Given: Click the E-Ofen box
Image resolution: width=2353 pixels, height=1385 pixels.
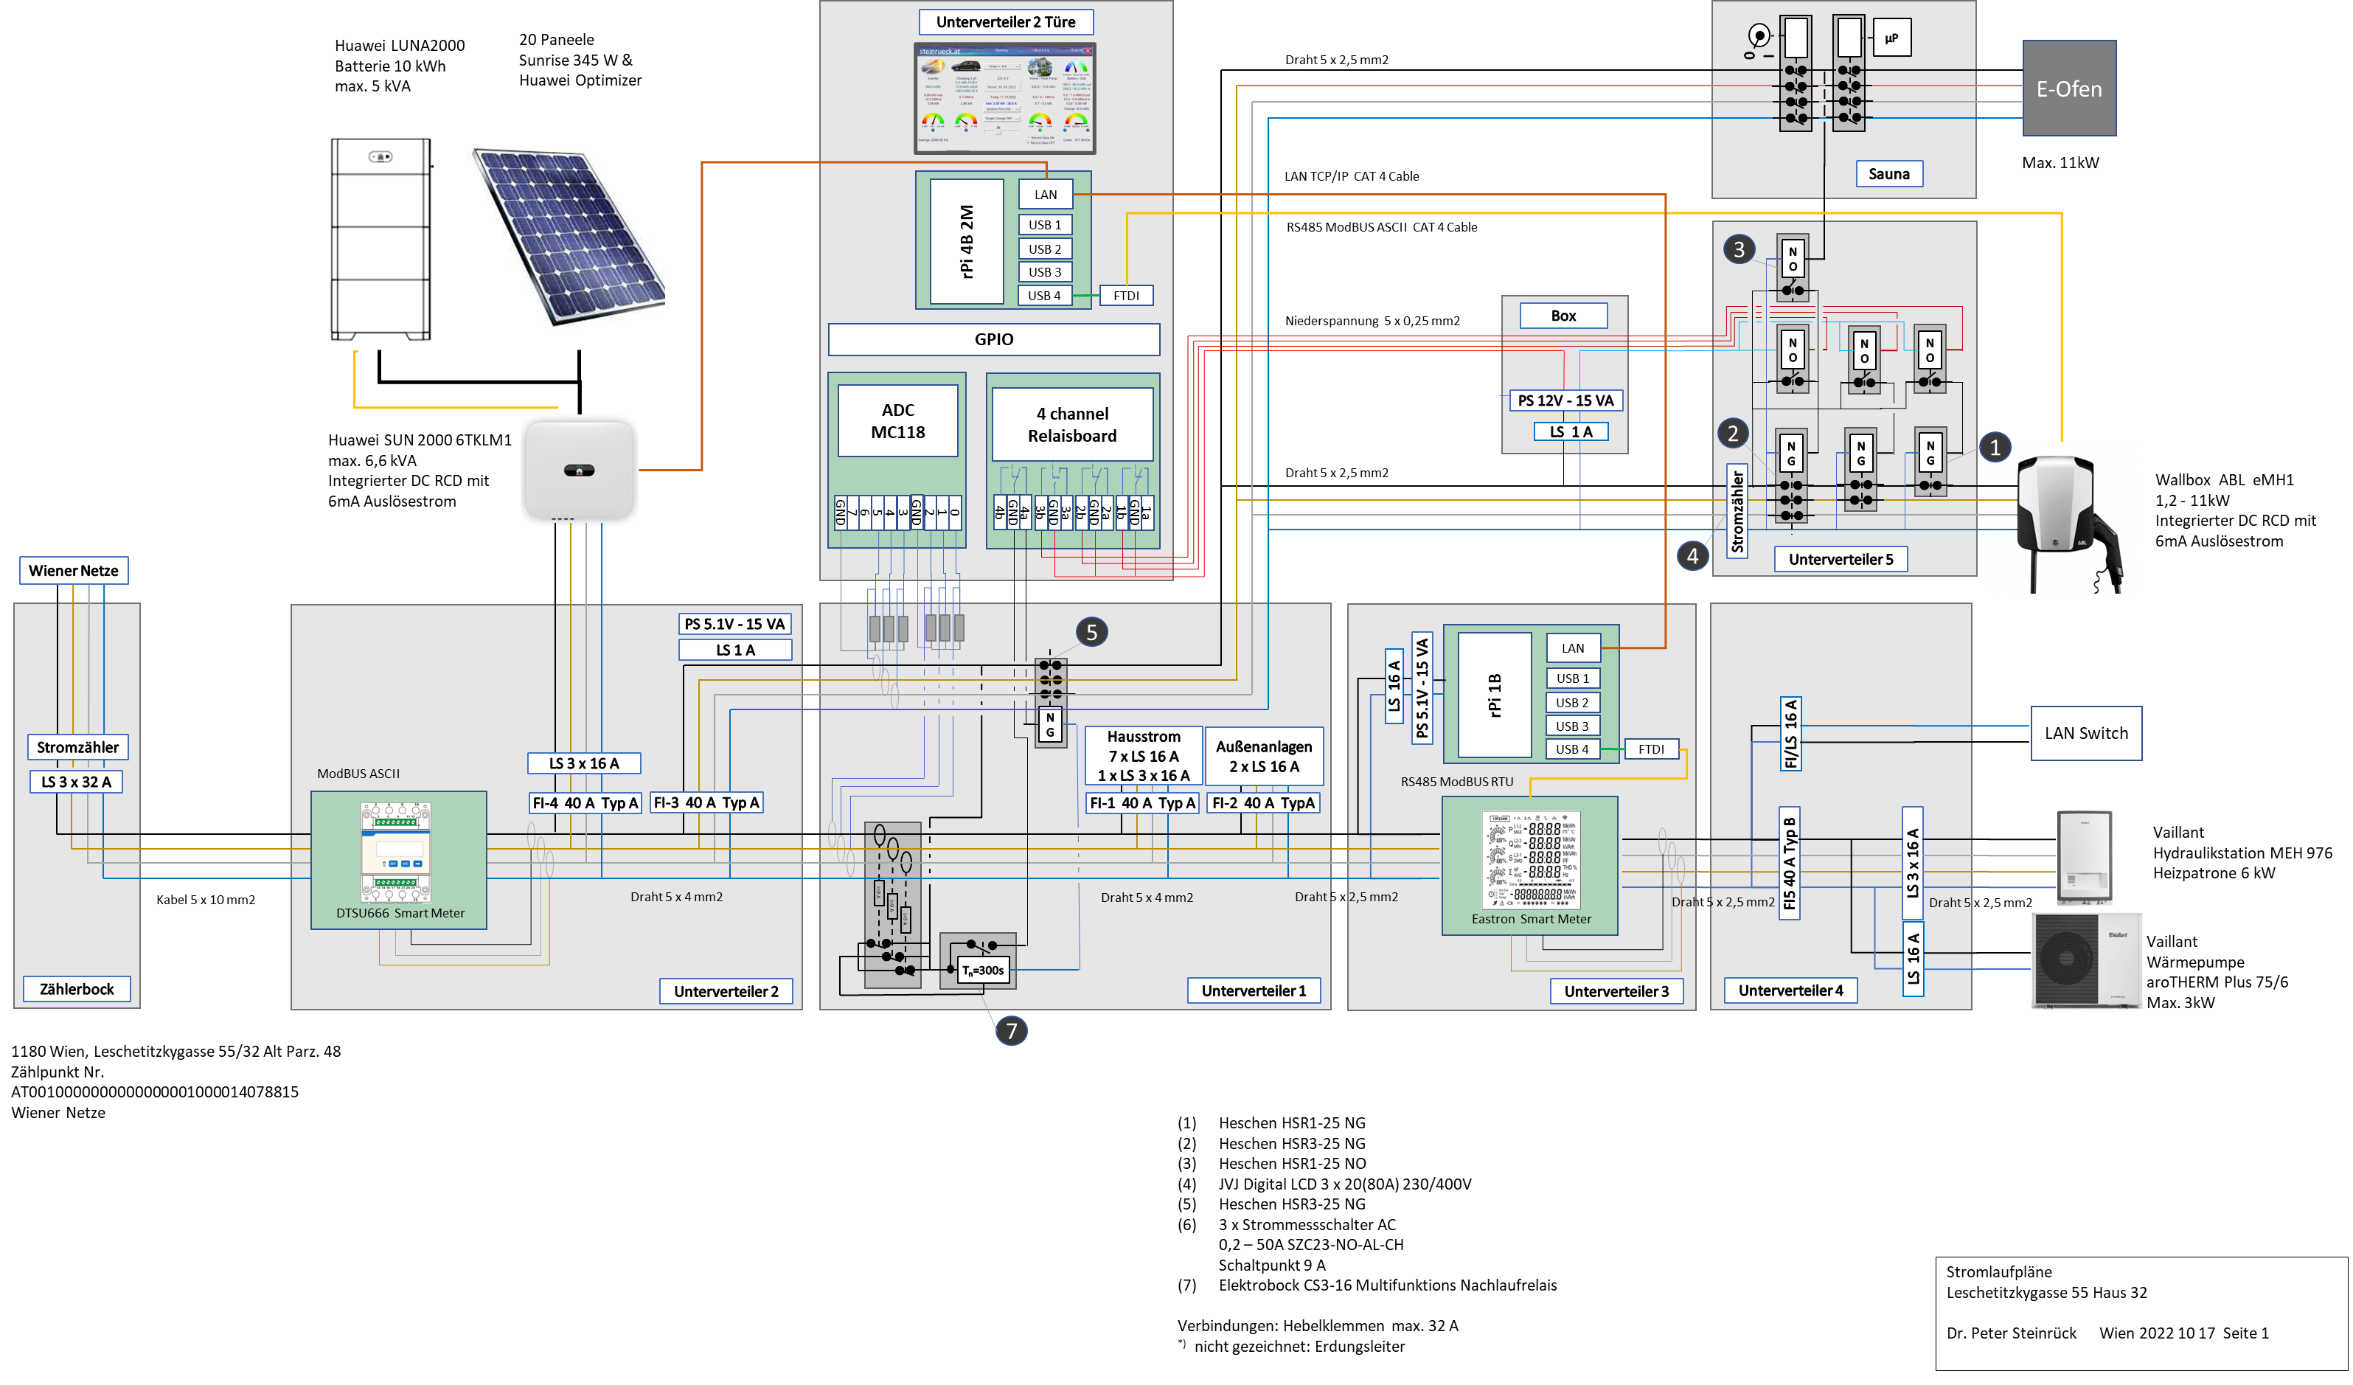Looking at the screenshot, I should point(2068,88).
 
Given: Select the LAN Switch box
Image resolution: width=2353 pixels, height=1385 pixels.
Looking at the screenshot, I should point(2085,733).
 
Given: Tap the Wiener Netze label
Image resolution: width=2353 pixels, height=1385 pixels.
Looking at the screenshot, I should point(74,571).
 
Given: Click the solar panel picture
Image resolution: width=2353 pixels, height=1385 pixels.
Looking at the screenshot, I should point(565,236).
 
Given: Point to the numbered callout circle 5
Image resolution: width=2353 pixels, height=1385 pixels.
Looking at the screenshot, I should point(1091,632).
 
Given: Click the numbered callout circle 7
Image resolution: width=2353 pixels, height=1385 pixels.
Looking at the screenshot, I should point(1010,1031).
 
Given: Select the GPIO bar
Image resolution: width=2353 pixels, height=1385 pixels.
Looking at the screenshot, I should point(993,340).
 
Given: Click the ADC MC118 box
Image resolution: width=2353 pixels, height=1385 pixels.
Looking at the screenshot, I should point(897,421).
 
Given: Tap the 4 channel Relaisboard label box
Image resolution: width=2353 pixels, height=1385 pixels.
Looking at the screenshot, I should point(1072,425).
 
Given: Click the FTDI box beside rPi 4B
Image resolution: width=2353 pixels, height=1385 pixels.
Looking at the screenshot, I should point(1126,296).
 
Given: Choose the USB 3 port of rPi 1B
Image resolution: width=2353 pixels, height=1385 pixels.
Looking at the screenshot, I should point(1571,726).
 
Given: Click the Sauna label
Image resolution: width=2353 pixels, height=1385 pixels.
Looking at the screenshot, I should point(1888,174).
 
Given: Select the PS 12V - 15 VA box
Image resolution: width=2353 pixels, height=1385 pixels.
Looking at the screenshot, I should point(1565,400).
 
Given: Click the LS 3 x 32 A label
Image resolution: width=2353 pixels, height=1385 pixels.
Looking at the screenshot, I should point(77,782).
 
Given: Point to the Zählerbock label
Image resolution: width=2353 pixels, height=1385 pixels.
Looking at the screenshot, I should point(77,989).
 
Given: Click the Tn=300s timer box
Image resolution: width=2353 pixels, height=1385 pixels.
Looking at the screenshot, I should point(982,971).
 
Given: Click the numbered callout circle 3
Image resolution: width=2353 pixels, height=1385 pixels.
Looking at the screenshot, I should point(1738,249).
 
